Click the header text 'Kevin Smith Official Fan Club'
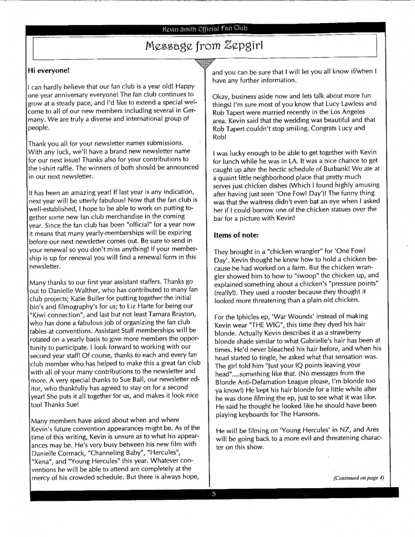(205, 28)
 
